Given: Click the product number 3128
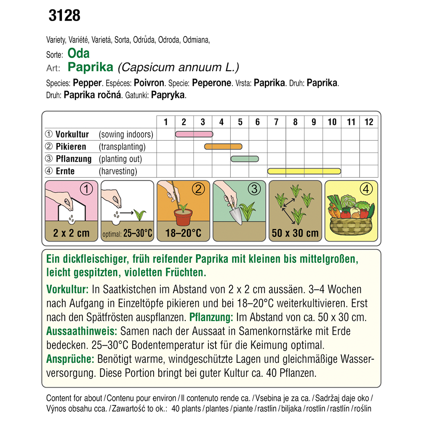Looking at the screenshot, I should pyautogui.click(x=64, y=16).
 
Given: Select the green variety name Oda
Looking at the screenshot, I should pyautogui.click(x=78, y=54).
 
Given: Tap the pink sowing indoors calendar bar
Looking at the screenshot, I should pyautogui.click(x=194, y=134).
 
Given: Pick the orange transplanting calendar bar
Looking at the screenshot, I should pyautogui.click(x=223, y=147).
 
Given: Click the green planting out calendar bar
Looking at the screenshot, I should pyautogui.click(x=245, y=159).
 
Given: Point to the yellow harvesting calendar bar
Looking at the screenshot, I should pyautogui.click(x=304, y=171).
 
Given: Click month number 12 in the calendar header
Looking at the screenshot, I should pyautogui.click(x=369, y=122).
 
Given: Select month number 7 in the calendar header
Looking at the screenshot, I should pyautogui.click(x=276, y=122).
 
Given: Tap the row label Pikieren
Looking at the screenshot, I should pyautogui.click(x=71, y=147).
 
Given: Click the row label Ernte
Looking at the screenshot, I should pyautogui.click(x=65, y=171).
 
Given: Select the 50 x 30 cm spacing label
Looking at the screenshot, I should pyautogui.click(x=295, y=233).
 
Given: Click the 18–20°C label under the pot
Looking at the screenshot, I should pyautogui.click(x=183, y=233).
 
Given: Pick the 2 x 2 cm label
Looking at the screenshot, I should pyautogui.click(x=72, y=233).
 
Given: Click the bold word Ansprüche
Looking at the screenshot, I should pyautogui.click(x=70, y=359).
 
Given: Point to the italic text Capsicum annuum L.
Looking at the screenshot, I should pyautogui.click(x=179, y=67).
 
